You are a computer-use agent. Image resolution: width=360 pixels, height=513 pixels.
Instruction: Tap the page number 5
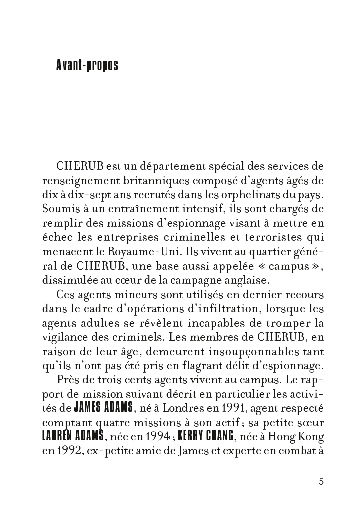point(321,482)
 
